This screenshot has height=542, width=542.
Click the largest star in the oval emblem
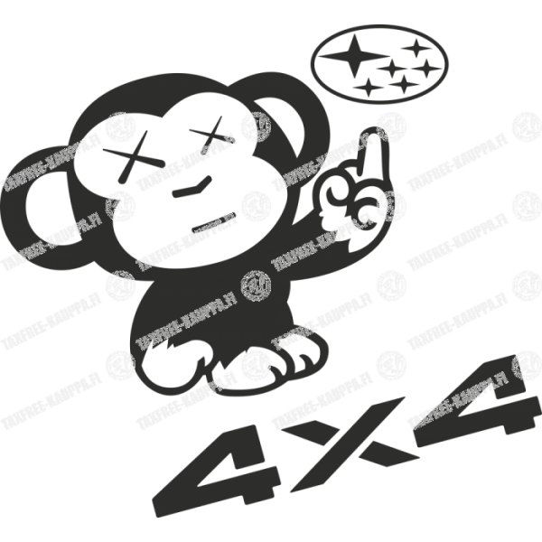click(x=353, y=55)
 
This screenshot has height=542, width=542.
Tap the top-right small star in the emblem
click(x=416, y=48)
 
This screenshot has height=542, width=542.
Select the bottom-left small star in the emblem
click(x=369, y=87)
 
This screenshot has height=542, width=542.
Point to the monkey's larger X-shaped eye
click(x=134, y=156)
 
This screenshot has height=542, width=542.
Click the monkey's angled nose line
click(x=192, y=187)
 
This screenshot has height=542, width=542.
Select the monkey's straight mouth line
click(x=213, y=221)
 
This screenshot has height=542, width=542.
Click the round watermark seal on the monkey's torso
click(x=256, y=285)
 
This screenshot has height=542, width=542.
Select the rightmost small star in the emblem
click(x=427, y=68)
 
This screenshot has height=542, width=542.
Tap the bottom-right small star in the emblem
click(x=403, y=84)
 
